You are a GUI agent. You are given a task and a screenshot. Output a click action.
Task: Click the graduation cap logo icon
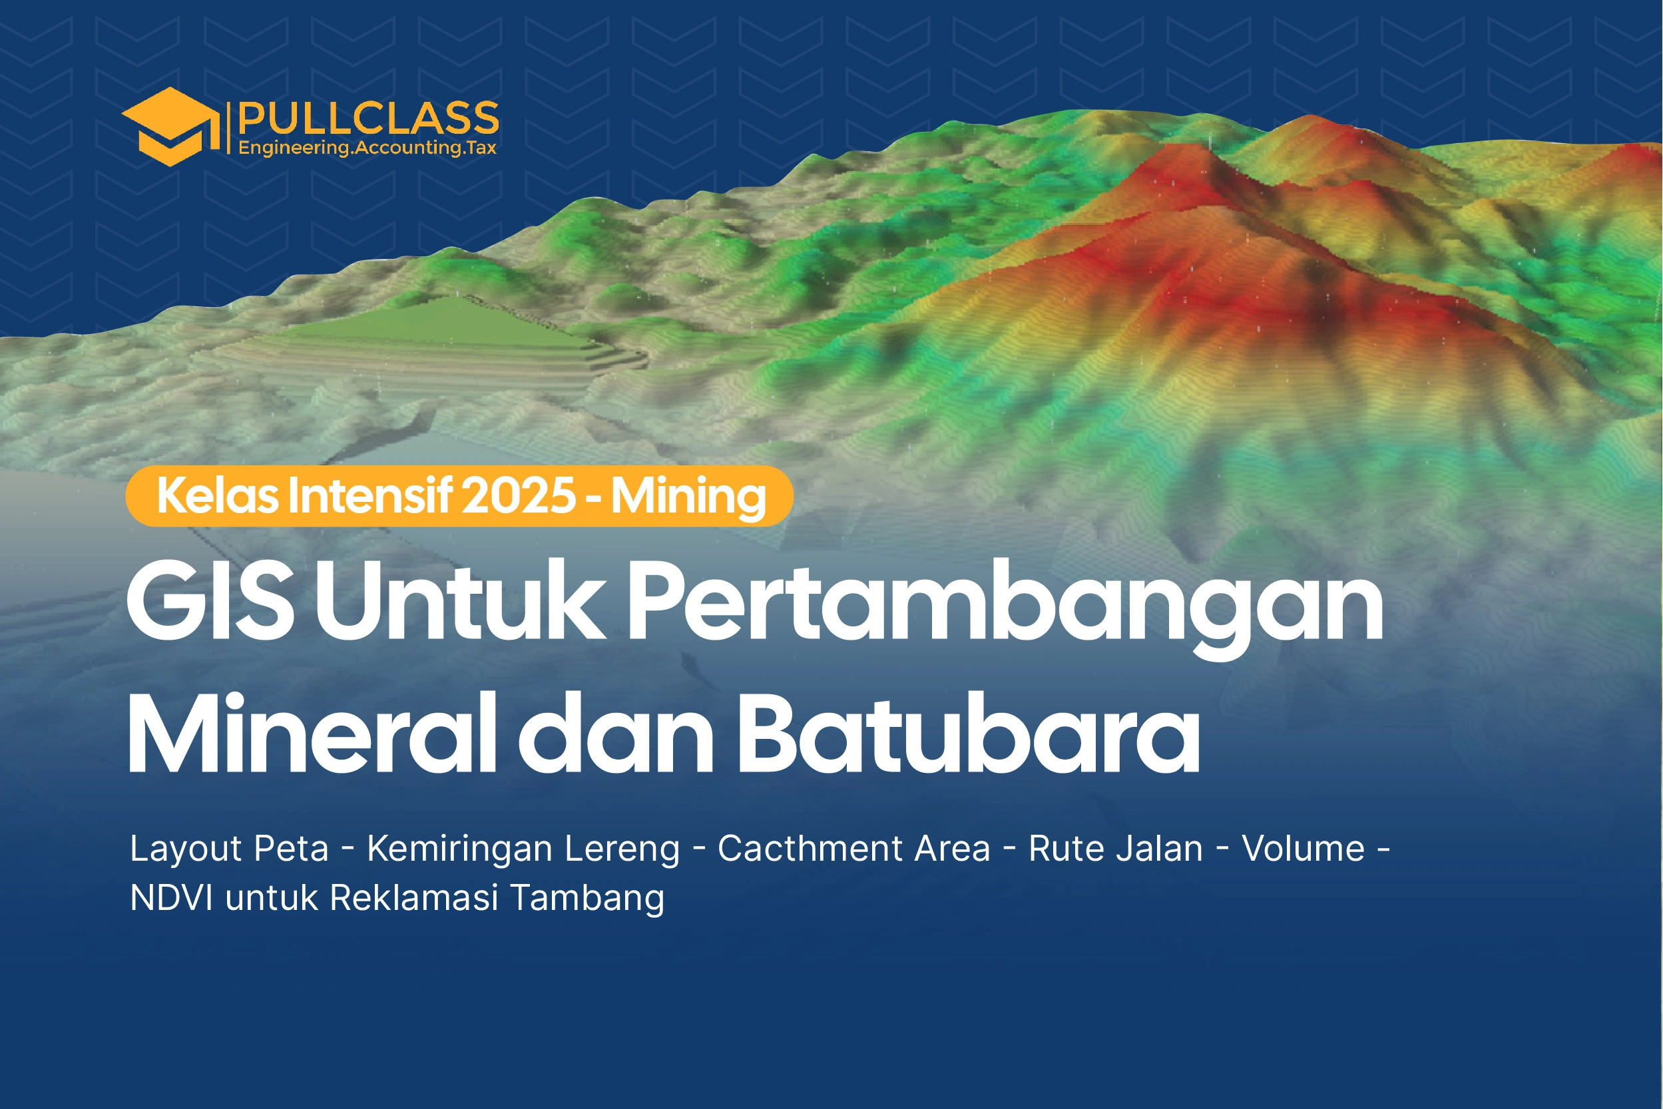pyautogui.click(x=170, y=126)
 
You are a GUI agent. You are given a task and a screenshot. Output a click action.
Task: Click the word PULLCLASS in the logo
pyautogui.click(x=369, y=118)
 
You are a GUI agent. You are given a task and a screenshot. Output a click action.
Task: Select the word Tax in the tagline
pyautogui.click(x=481, y=147)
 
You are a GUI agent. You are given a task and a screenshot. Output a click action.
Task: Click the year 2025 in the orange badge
pyautogui.click(x=519, y=496)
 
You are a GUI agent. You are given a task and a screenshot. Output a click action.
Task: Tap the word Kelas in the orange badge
pyautogui.click(x=218, y=496)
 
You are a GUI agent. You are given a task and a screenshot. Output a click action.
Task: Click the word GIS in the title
pyautogui.click(x=210, y=600)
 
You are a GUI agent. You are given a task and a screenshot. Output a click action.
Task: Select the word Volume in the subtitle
pyautogui.click(x=1304, y=848)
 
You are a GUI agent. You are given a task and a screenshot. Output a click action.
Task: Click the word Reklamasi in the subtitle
pyautogui.click(x=415, y=898)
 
